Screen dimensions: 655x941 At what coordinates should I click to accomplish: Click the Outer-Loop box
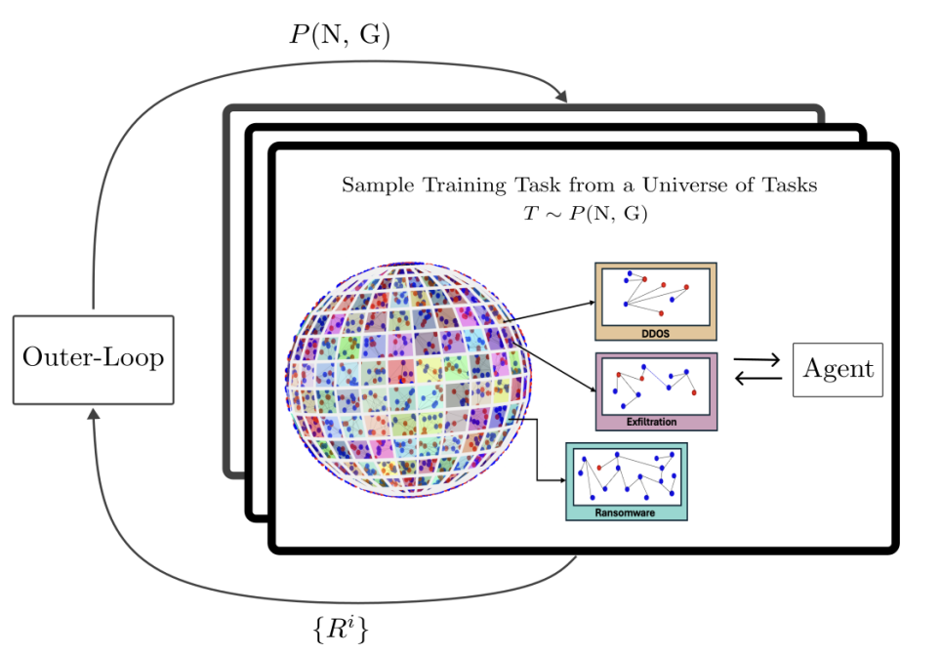pos(93,358)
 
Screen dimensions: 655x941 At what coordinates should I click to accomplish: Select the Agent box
pos(838,369)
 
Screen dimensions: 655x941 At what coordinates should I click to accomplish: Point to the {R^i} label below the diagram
pos(341,628)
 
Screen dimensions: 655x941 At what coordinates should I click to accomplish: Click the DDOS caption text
pos(656,333)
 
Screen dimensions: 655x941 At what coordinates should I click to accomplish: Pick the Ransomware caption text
pos(626,512)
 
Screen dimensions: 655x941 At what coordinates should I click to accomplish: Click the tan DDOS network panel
pos(656,301)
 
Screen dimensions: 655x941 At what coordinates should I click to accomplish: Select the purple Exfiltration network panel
pos(656,390)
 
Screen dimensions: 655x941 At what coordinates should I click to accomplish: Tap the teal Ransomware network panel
pos(627,480)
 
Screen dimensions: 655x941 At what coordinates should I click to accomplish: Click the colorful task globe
pos(410,379)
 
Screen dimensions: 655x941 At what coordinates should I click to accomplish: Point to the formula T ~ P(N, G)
pos(586,214)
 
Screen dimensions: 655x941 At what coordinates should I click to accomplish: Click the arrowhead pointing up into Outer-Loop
pos(93,414)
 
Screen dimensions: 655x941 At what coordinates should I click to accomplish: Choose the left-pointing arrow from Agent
pos(757,379)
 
